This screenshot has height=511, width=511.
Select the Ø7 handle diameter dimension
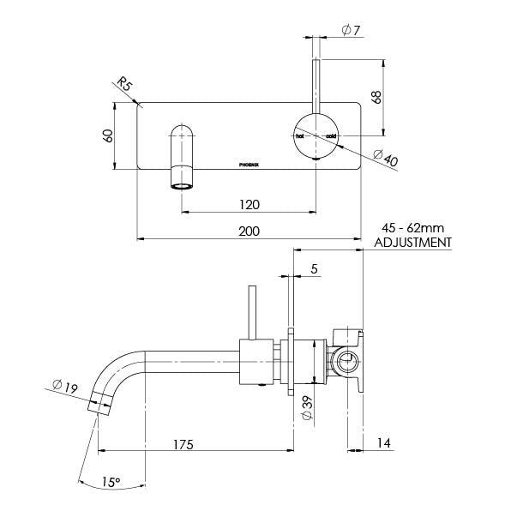click(x=350, y=30)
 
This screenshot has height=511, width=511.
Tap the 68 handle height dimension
click(x=376, y=96)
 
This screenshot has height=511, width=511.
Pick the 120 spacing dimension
click(x=249, y=206)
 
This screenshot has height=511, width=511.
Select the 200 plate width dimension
click(x=249, y=231)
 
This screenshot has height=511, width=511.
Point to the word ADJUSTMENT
click(x=414, y=243)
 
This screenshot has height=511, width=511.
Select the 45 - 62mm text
click(x=414, y=229)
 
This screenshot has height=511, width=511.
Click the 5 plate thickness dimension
click(x=315, y=268)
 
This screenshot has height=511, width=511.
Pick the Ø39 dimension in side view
click(x=308, y=405)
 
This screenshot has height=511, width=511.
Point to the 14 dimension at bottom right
click(x=385, y=445)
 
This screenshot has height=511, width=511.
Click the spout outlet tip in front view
click(x=183, y=184)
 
